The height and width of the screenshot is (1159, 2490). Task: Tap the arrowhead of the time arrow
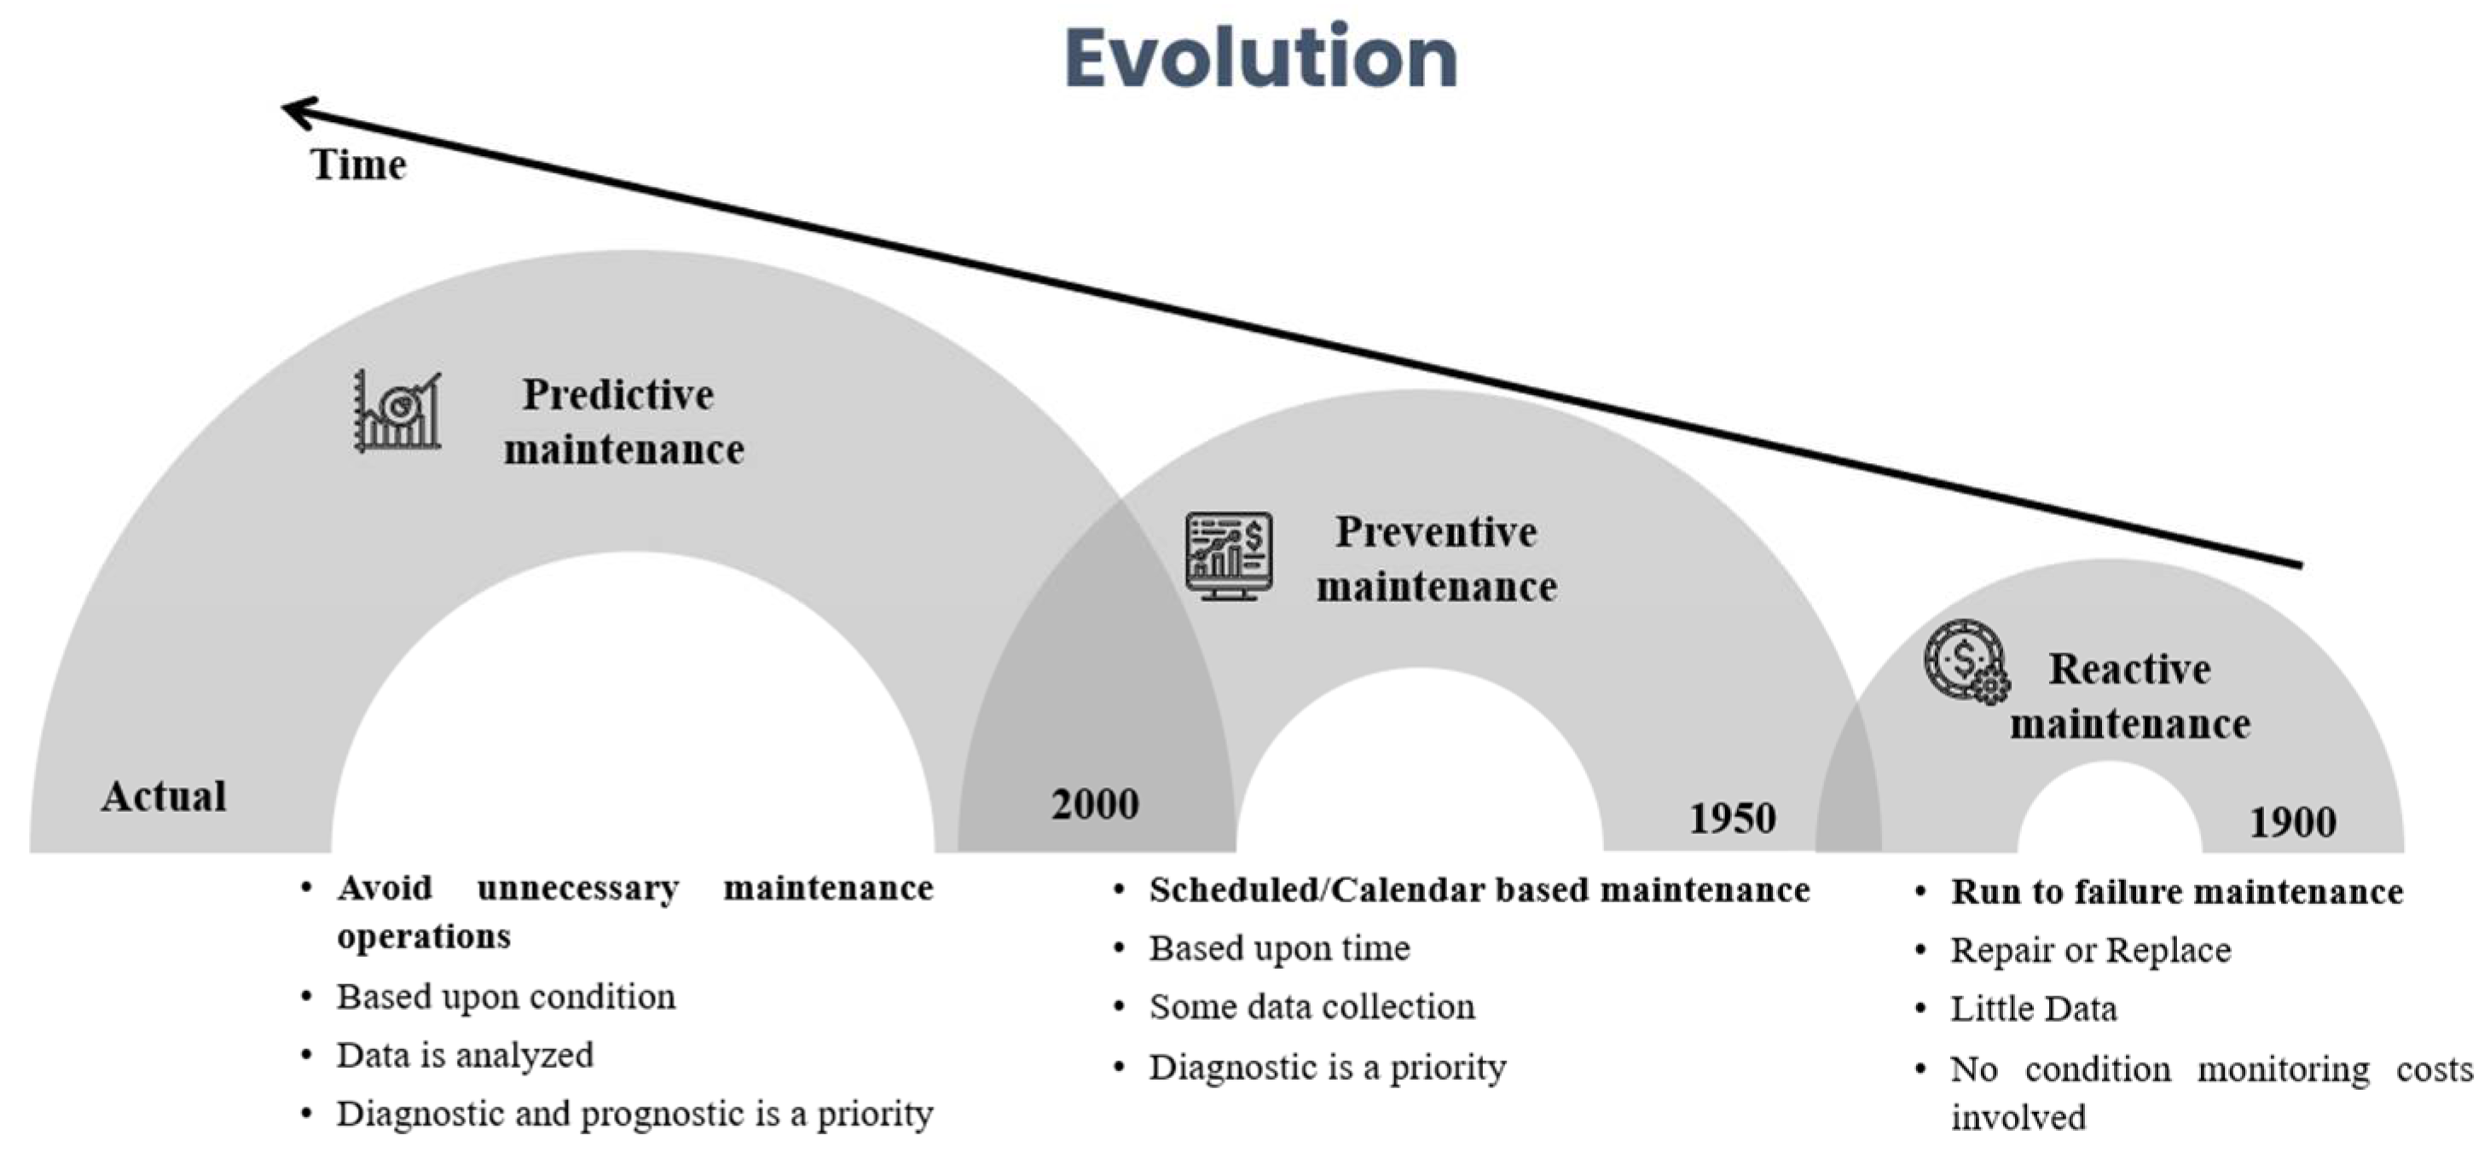click(296, 112)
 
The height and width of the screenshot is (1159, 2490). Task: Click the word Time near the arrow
click(357, 165)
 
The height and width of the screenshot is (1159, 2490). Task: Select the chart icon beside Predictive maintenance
click(397, 412)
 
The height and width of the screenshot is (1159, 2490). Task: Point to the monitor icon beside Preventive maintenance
click(1229, 556)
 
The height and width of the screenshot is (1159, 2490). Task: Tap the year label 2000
click(1095, 804)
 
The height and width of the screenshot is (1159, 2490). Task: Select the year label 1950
click(1732, 819)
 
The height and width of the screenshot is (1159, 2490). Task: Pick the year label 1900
click(2293, 823)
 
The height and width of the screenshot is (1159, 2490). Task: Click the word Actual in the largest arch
click(165, 797)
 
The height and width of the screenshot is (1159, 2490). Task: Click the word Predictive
click(617, 394)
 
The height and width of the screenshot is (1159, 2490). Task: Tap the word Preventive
click(1435, 531)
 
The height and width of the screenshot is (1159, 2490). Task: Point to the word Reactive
click(2129, 669)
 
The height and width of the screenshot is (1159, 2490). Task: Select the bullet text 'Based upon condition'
click(506, 997)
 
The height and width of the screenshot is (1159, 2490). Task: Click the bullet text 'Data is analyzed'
click(464, 1056)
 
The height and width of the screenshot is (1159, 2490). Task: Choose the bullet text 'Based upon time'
click(1279, 948)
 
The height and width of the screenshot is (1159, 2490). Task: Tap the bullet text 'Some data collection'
click(1312, 1007)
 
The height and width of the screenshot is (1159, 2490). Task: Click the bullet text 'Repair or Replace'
click(2091, 950)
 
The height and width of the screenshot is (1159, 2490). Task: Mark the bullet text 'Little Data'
click(2033, 1009)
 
